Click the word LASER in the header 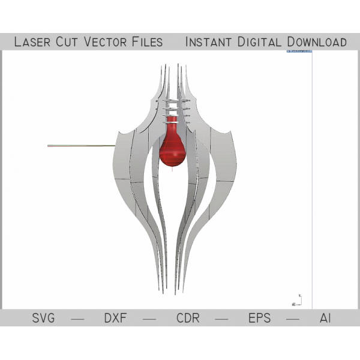[x=32, y=42]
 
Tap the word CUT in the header [x=67, y=42]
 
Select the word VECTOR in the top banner [x=105, y=42]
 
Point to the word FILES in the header [x=148, y=42]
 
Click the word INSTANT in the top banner [x=208, y=42]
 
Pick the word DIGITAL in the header [x=259, y=42]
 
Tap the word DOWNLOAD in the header [x=317, y=42]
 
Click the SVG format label [x=43, y=318]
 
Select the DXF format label [x=115, y=318]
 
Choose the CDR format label [x=188, y=318]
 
